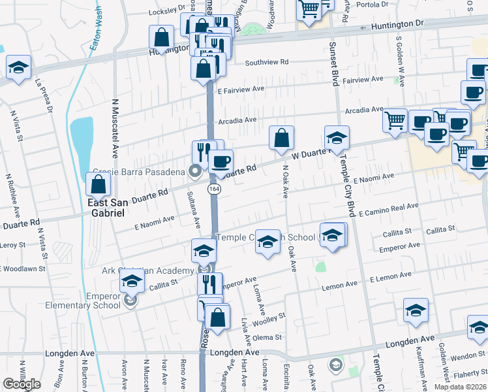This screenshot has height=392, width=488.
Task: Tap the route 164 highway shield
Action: coord(213,189)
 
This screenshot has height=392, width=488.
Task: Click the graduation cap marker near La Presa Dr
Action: coord(19,67)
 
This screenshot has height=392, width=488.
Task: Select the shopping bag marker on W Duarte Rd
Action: coord(281,138)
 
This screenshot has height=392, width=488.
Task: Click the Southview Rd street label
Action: coord(267,63)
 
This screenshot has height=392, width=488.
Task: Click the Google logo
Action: coord(22,384)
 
